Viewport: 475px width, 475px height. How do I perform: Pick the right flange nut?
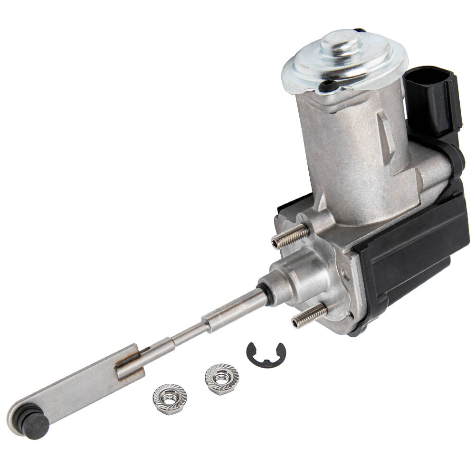tap(222, 379)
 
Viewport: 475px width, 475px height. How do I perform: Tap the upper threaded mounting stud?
tap(290, 236)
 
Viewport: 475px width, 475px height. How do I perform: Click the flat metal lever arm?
tap(76, 389)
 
